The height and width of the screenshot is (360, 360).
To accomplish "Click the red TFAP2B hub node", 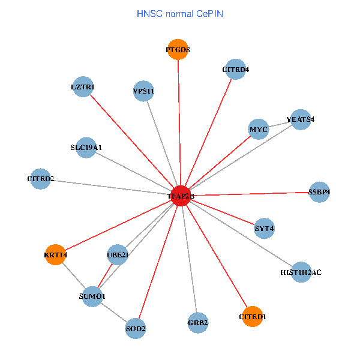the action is click(x=181, y=195).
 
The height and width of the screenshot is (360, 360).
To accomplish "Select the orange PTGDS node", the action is click(x=178, y=50).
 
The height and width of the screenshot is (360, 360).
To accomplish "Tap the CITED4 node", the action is click(x=236, y=69).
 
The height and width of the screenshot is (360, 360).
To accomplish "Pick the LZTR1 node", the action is click(x=83, y=87).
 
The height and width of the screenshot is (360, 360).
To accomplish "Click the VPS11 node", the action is click(x=144, y=91).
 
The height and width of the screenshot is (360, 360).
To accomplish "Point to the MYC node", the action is click(x=258, y=129).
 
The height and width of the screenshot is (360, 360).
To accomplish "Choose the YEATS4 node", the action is click(x=300, y=119).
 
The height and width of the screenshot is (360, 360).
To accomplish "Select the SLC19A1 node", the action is click(x=86, y=147).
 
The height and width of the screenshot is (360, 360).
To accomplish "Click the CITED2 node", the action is click(x=41, y=179).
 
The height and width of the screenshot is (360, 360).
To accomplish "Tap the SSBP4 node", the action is click(x=319, y=191).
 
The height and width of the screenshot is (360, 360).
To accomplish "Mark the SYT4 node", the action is click(x=264, y=228).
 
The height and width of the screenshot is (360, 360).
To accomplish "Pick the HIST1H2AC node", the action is click(x=301, y=272).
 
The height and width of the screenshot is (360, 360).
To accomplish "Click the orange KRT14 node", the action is click(x=55, y=255).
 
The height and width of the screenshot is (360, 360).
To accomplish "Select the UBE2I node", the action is click(x=118, y=255).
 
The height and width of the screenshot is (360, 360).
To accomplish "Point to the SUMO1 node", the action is click(x=92, y=296).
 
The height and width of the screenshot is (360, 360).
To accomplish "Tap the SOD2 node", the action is click(x=136, y=328).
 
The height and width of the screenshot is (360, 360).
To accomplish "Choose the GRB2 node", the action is click(x=197, y=323).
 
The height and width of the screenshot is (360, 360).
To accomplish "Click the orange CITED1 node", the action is click(x=253, y=316).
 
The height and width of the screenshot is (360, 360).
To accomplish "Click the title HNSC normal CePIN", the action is click(x=180, y=13).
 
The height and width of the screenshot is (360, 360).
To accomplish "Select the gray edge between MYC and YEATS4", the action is click(x=279, y=124).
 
